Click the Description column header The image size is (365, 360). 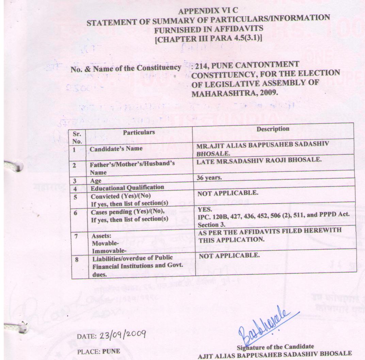click(x=273, y=129)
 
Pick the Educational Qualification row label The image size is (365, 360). click(x=127, y=187)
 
